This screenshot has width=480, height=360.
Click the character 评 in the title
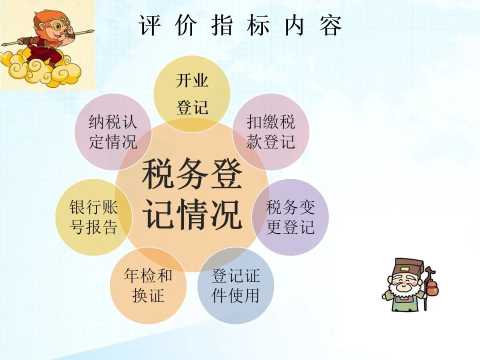coord(149,25)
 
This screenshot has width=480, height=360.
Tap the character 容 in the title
coord(330,25)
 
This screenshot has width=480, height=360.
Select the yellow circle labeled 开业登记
coord(192,94)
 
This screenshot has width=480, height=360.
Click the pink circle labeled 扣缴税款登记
coord(271,132)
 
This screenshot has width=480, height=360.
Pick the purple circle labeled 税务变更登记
coord(290,217)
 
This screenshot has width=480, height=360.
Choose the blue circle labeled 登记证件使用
coord(235,286)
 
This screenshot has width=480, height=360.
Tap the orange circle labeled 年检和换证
coord(148,286)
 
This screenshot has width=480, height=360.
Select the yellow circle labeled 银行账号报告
coord(93,217)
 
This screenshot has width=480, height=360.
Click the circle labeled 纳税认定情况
coord(113,132)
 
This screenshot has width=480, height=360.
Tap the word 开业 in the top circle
coord(192,80)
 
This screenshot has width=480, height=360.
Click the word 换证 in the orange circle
coord(148,295)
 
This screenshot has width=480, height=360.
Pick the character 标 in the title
coord(258,25)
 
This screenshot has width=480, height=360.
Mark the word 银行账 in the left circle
coord(93,207)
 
